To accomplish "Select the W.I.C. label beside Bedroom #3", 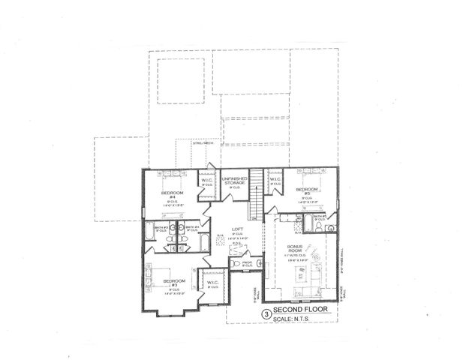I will (x=212, y=283).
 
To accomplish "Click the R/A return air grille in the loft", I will (x=221, y=239).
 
